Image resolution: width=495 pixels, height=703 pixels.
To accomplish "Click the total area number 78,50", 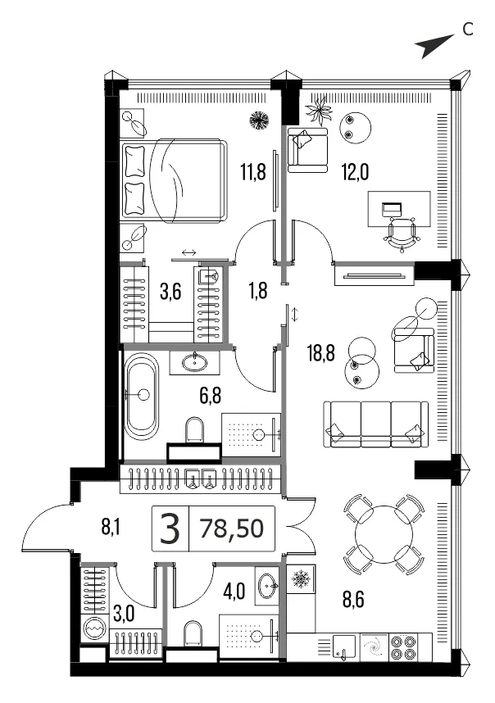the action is (232, 528).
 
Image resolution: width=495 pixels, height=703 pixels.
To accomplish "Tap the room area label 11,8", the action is (253, 172).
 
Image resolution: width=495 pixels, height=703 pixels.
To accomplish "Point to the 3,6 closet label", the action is (170, 292).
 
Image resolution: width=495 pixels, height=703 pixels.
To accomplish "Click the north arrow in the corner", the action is (434, 46).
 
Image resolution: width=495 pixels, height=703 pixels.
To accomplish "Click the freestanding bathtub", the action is (141, 396).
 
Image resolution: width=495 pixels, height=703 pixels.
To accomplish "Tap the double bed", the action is (173, 181).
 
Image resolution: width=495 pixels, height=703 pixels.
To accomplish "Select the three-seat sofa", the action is (375, 424).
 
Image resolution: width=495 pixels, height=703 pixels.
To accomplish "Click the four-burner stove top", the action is (403, 647).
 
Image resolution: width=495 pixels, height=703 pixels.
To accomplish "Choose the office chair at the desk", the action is (402, 233).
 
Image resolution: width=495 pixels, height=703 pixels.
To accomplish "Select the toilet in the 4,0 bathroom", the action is (193, 633).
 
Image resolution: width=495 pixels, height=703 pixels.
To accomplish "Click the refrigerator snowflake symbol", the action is (301, 580).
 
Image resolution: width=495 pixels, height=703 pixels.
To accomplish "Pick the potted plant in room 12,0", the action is (320, 110).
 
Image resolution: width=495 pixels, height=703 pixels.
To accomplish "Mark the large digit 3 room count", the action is (170, 528).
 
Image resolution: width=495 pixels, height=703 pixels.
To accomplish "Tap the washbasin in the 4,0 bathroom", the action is (267, 585).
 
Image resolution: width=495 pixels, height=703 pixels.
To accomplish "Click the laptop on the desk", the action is (392, 209).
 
